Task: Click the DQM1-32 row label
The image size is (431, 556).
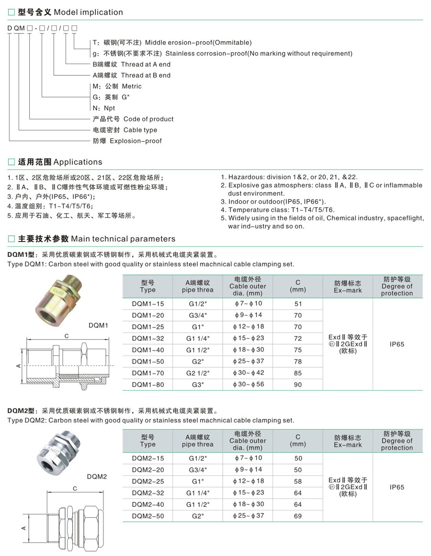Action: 147,338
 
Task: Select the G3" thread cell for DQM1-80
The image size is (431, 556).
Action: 197,384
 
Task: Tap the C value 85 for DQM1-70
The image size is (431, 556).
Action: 298,373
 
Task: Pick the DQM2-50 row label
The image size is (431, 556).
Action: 147,516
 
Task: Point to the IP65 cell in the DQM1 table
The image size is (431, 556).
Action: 397,344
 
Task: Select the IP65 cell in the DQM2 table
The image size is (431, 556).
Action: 397,487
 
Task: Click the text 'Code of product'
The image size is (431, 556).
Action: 148,119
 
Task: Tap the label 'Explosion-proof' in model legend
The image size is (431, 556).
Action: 136,141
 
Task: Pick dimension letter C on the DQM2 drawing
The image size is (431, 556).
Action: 75,488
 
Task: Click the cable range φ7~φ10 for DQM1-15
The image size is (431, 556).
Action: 248,304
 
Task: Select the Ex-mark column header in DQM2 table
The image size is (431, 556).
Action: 348,441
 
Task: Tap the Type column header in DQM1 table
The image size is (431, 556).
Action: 147,286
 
